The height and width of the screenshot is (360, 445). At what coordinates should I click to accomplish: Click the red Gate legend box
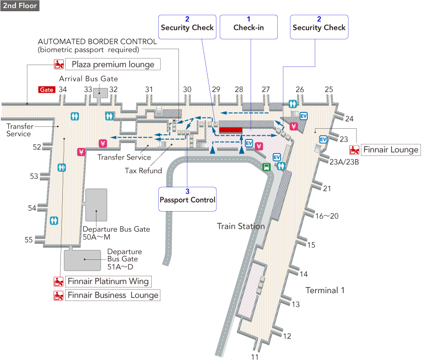click(x=47, y=89)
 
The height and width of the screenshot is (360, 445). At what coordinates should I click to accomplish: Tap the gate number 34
click(x=63, y=89)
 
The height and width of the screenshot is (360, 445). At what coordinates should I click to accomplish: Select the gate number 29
click(x=216, y=89)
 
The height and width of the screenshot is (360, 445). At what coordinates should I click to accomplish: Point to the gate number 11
click(x=255, y=357)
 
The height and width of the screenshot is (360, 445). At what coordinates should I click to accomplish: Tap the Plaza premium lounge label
click(x=112, y=64)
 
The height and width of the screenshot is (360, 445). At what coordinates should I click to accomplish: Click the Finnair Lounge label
click(x=390, y=150)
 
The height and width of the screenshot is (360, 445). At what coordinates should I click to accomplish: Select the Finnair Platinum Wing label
click(x=108, y=281)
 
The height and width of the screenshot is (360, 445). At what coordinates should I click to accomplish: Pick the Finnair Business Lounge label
click(x=112, y=295)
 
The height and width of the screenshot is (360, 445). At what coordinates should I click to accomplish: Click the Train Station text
click(x=241, y=226)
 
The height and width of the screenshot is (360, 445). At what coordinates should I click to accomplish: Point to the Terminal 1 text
click(x=325, y=290)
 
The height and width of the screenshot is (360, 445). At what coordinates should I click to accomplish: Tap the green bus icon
click(x=267, y=166)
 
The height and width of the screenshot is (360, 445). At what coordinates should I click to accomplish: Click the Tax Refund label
click(x=143, y=170)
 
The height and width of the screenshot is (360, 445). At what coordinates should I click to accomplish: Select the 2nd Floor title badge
click(x=20, y=6)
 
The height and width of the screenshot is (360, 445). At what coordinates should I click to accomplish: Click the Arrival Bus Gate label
click(x=89, y=79)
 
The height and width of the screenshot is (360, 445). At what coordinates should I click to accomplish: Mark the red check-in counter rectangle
click(x=230, y=130)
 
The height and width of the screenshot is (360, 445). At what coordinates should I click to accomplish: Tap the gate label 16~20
click(x=326, y=216)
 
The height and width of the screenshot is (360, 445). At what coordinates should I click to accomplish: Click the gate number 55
click(x=29, y=240)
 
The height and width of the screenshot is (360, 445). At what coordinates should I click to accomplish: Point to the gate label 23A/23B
click(x=344, y=162)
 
